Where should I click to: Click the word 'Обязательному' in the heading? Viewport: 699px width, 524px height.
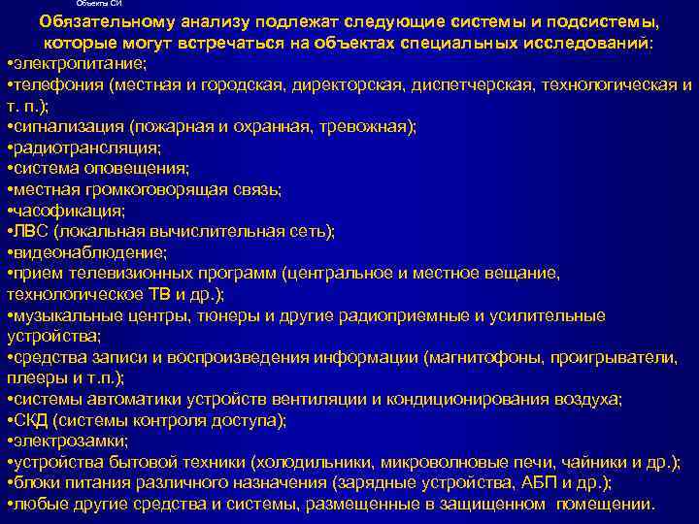click(x=103, y=23)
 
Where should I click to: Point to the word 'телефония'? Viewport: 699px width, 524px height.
click(x=57, y=84)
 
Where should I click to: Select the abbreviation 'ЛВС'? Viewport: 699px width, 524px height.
click(x=30, y=231)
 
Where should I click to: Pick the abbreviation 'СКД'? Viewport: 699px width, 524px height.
click(x=30, y=420)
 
